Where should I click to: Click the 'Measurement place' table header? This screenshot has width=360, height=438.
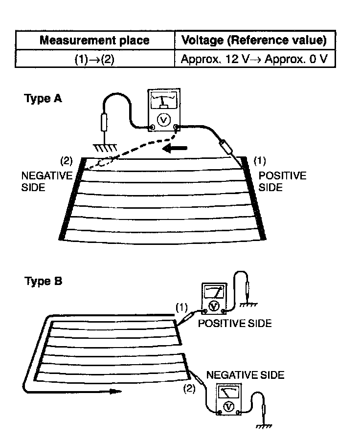point(95,40)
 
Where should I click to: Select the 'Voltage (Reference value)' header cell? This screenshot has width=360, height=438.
point(254,40)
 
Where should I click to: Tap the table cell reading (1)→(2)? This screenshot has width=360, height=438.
point(95,60)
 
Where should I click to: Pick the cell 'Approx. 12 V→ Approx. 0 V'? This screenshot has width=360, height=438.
point(254,60)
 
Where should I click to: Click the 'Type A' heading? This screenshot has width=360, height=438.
point(43,99)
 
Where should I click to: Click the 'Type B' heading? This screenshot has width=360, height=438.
point(43,282)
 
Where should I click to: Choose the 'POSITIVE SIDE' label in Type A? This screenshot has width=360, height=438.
point(282,181)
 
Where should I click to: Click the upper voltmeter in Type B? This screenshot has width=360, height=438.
point(214,297)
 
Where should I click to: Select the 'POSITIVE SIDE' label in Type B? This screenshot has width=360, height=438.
point(235,324)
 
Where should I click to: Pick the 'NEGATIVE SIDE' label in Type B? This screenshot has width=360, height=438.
point(246,375)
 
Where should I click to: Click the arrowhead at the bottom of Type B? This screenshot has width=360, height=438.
point(114,392)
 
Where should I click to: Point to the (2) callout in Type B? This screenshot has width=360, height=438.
point(189,389)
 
